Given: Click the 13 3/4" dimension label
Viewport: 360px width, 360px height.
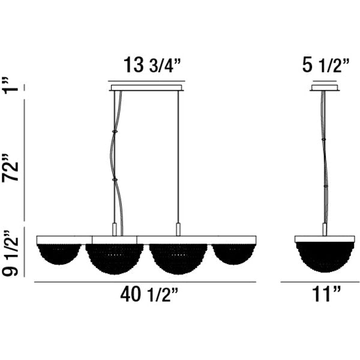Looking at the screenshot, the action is (152, 65).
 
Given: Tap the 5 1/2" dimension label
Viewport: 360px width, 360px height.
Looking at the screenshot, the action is (326, 65).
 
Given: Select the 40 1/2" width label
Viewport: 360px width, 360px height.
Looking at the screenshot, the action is (149, 295).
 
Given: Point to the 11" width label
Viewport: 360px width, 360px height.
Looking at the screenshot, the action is (326, 294).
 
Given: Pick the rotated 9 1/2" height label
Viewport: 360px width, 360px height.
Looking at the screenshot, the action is (10, 253).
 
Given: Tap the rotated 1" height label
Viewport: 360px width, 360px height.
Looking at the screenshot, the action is (10, 85).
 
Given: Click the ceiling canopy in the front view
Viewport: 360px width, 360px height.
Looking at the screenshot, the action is (146, 88).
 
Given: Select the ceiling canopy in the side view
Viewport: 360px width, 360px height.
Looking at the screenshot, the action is (325, 88).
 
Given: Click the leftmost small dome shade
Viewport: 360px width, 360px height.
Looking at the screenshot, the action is (59, 254).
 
